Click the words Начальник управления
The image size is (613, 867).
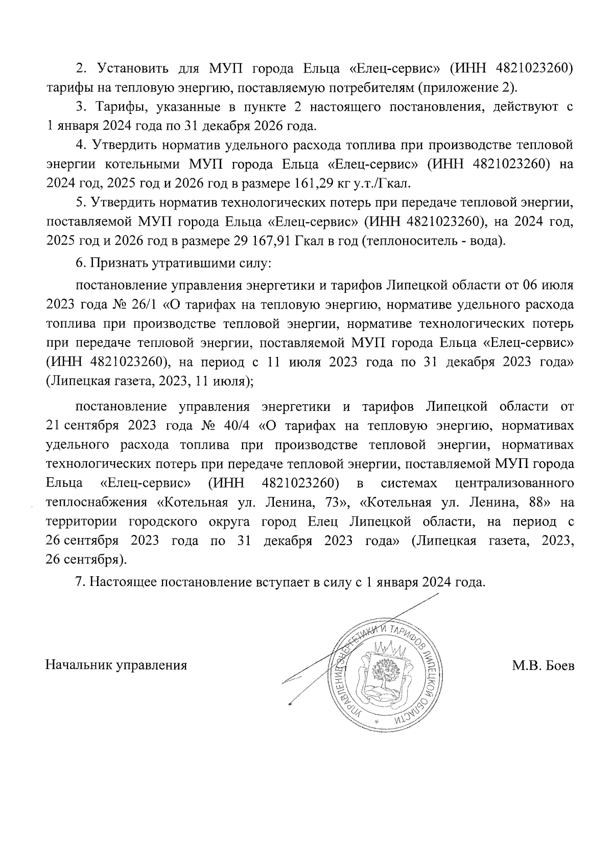pyautogui.click(x=116, y=666)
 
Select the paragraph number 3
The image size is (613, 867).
pyautogui.click(x=79, y=107)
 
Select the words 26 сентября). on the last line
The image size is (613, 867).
pyautogui.click(x=86, y=560)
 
